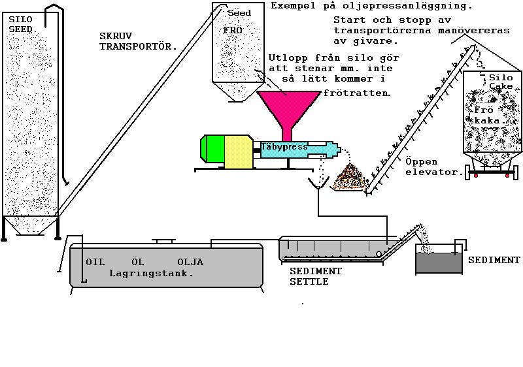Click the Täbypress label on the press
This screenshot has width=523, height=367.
pos(284,148)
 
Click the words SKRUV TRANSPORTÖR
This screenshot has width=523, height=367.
pos(138,40)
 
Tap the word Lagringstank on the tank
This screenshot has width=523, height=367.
pos(152,274)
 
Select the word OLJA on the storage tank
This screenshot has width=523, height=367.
pos(190,263)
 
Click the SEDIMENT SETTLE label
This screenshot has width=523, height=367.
pos(316,276)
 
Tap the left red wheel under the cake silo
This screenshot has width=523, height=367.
pos(477,176)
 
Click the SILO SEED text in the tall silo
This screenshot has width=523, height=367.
pos(20,25)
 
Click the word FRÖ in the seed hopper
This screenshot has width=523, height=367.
pos(232,31)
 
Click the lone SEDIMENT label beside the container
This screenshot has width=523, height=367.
pos(494,260)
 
